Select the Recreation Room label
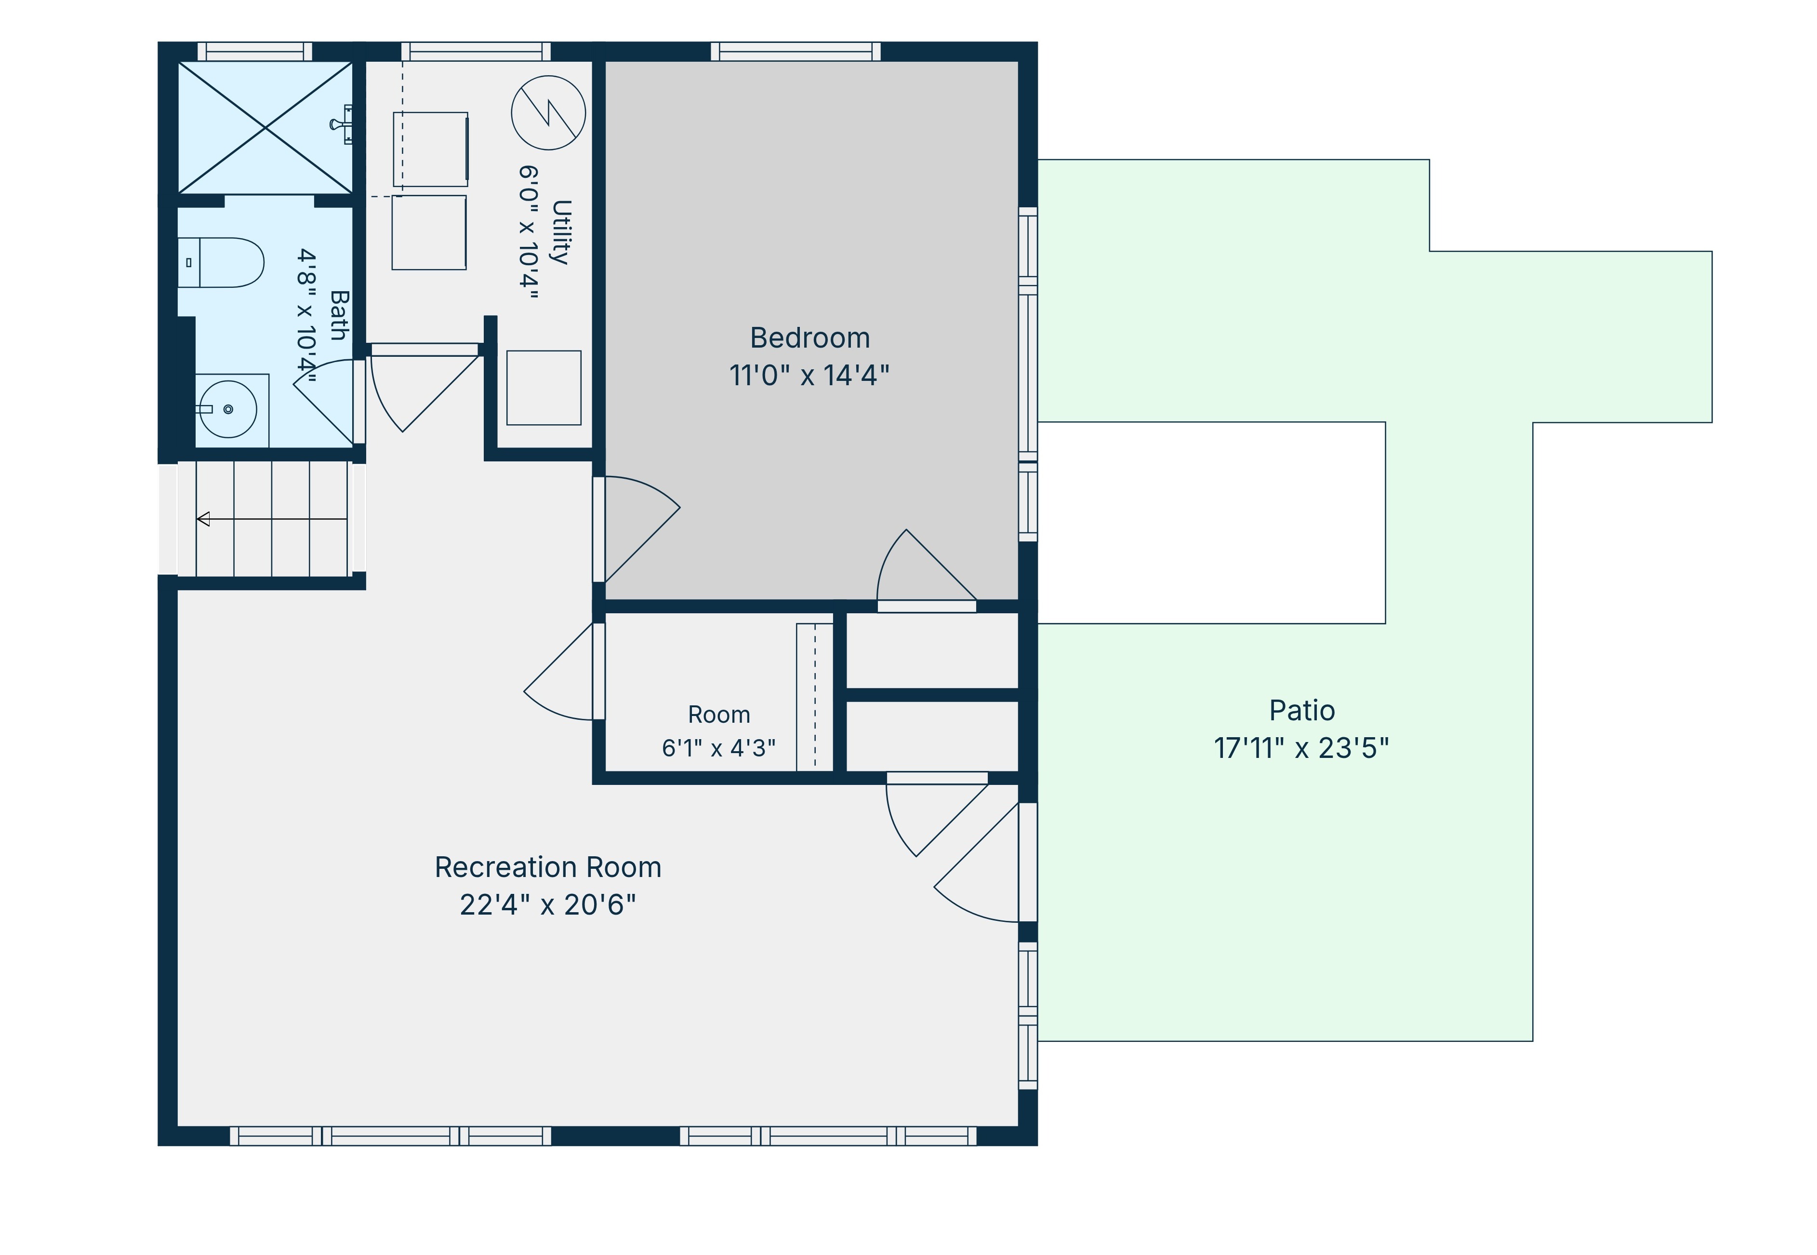point(548,867)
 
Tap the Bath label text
point(339,315)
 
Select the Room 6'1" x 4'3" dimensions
point(718,748)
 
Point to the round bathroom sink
point(228,409)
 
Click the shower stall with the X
point(265,127)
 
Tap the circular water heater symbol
point(548,112)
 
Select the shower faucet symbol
point(343,124)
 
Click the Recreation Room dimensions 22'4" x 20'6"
point(548,905)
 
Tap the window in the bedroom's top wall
point(796,52)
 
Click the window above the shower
point(254,52)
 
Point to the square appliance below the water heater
point(544,388)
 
